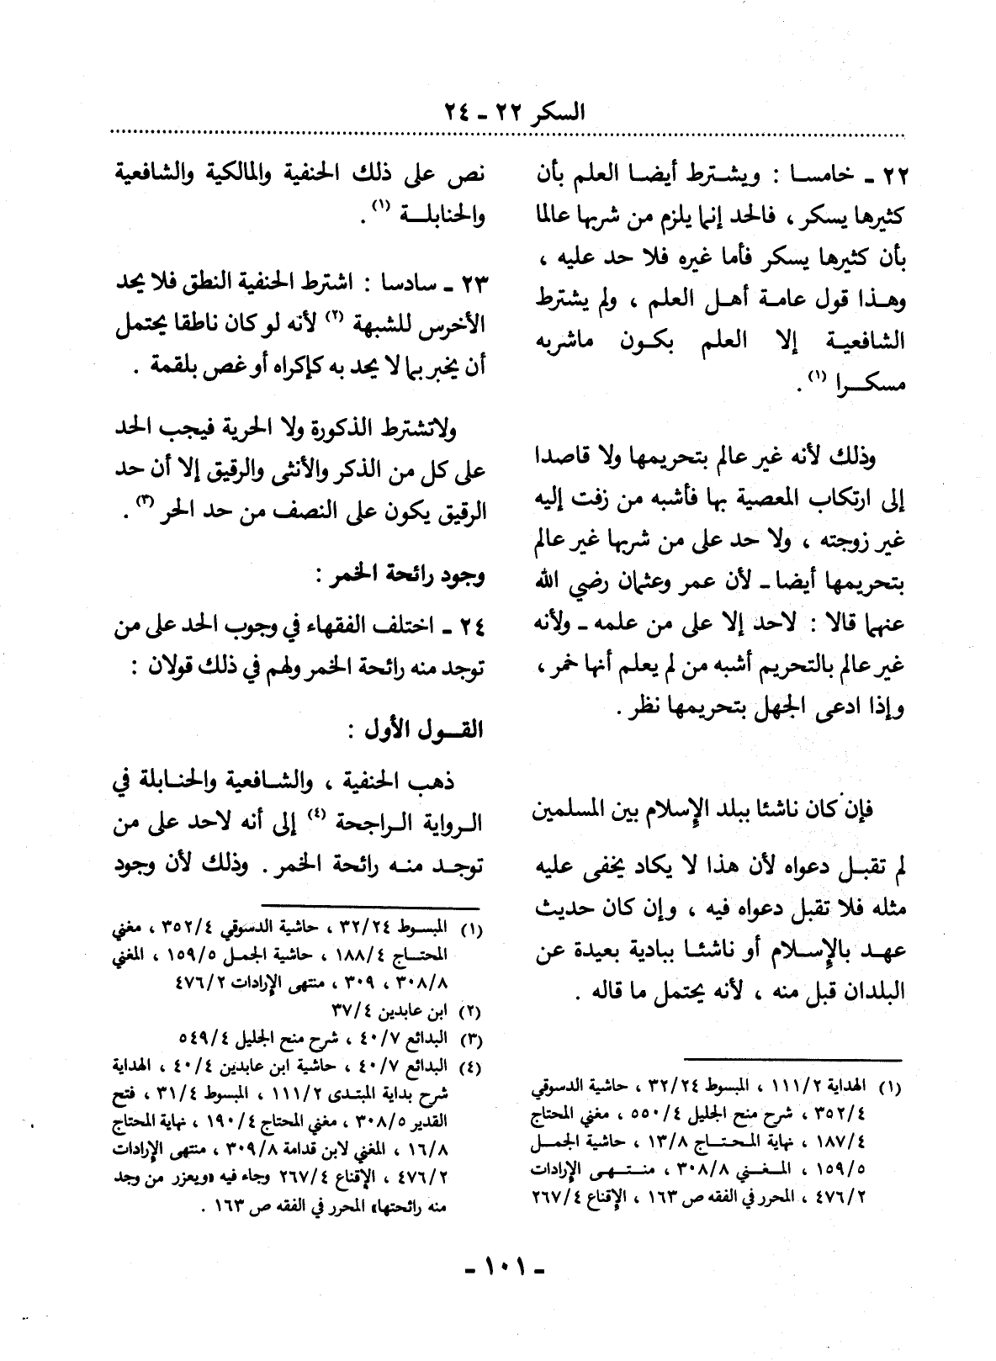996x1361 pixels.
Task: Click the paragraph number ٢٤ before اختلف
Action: click(x=469, y=627)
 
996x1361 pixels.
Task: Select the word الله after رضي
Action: click(x=547, y=582)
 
